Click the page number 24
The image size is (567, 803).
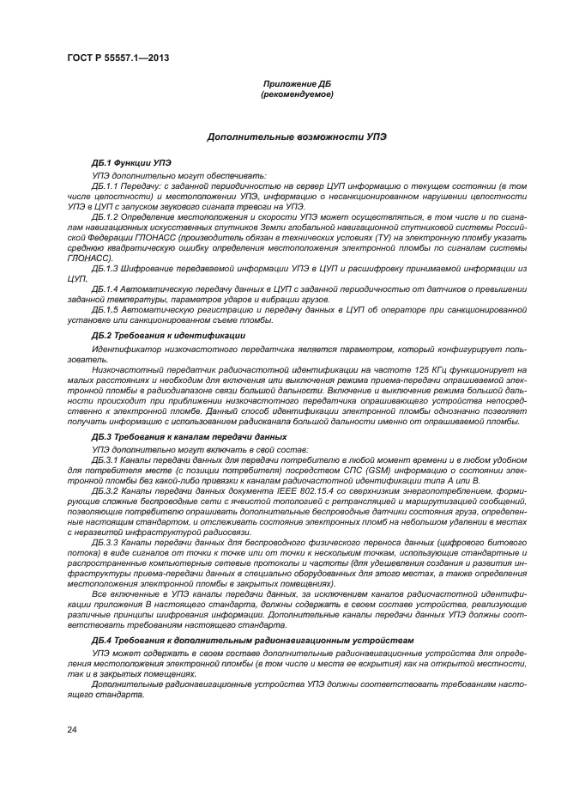click(72, 731)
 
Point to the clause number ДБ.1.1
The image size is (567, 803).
click(105, 186)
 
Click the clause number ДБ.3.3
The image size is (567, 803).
click(105, 542)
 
